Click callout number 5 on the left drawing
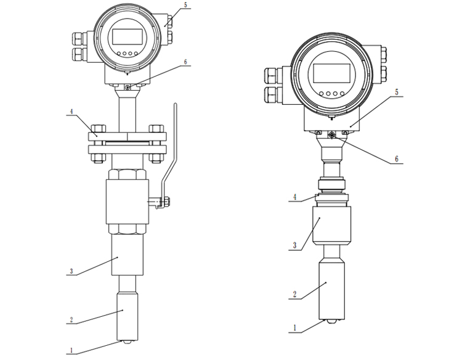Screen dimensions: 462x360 point(185,5)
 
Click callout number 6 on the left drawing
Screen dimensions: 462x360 point(185,62)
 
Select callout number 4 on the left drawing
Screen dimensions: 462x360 point(71,112)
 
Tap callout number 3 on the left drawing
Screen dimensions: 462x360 point(71,271)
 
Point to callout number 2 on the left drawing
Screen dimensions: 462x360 point(71,319)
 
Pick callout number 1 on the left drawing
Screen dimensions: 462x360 point(71,351)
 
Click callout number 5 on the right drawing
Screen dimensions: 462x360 point(397,92)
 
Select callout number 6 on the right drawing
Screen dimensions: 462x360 point(397,159)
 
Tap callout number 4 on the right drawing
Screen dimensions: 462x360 point(294,197)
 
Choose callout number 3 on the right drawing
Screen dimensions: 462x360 point(294,245)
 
